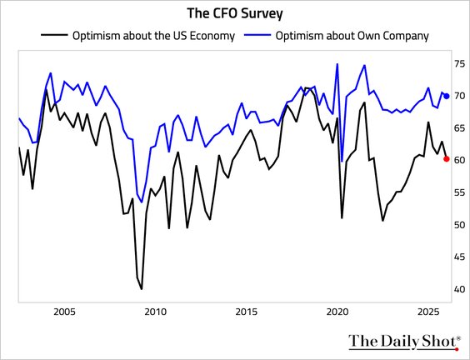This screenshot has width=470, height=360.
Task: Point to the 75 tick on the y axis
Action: pos(459,63)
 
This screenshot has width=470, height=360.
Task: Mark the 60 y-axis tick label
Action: pos(459,160)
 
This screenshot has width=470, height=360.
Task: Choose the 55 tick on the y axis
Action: pos(459,192)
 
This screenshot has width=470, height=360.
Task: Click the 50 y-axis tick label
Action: pos(459,225)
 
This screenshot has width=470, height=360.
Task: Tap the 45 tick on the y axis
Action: pos(459,257)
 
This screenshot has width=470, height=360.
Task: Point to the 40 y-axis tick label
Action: pos(459,289)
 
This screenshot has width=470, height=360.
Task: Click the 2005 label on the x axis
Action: pos(64,312)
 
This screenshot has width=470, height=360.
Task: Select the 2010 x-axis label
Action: pos(155,312)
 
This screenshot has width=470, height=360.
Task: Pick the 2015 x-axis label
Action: pos(246,312)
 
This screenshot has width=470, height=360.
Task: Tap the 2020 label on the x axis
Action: pos(337,312)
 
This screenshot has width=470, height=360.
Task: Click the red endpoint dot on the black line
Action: pos(446,158)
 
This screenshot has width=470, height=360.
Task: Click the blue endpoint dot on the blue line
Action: pos(446,96)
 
